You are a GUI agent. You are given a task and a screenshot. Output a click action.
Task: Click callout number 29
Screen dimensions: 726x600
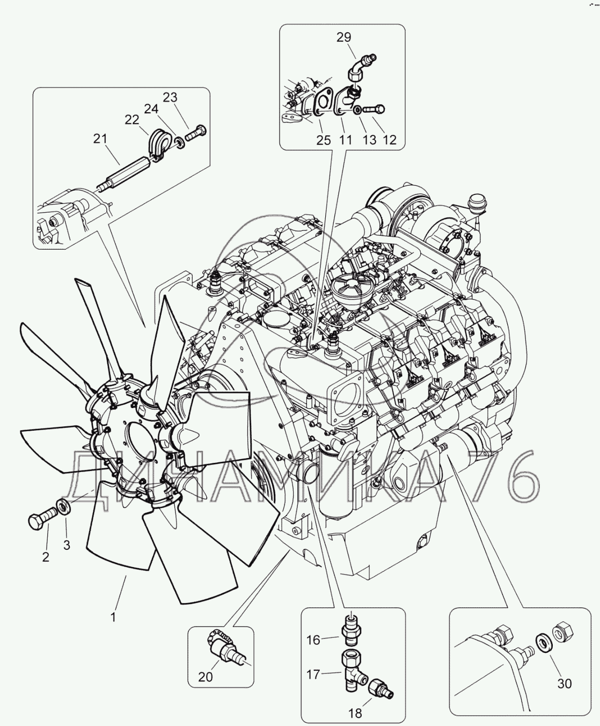pyautogui.click(x=343, y=37)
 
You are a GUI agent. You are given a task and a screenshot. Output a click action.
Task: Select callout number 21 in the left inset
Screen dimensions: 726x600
pyautogui.click(x=100, y=139)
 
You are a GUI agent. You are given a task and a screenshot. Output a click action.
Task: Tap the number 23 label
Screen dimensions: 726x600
pyautogui.click(x=170, y=97)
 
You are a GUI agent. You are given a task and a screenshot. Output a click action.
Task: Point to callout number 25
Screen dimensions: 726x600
pyautogui.click(x=323, y=140)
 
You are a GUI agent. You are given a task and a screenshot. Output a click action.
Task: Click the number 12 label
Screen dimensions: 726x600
pyautogui.click(x=389, y=140)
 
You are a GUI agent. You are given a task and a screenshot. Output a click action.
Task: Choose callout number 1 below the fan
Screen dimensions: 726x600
pyautogui.click(x=113, y=618)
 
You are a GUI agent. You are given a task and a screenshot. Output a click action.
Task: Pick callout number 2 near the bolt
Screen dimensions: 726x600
pyautogui.click(x=46, y=557)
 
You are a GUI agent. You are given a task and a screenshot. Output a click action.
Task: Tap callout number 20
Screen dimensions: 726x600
pyautogui.click(x=206, y=677)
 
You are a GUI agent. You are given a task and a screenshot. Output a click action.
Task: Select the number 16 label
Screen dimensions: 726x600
pyautogui.click(x=313, y=640)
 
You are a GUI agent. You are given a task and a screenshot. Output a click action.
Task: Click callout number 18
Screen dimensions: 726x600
pyautogui.click(x=355, y=714)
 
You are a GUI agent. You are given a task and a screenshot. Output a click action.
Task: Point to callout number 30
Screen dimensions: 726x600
pyautogui.click(x=564, y=684)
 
